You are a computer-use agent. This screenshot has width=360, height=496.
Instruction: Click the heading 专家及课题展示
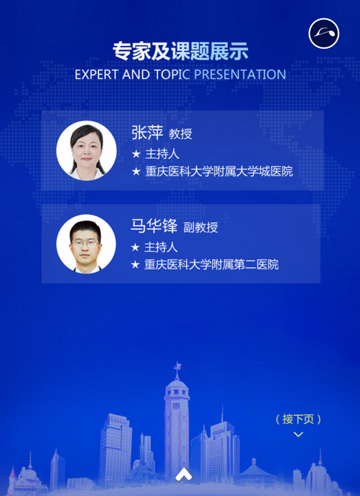click(x=181, y=51)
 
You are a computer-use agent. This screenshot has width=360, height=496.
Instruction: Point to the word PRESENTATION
click(x=240, y=75)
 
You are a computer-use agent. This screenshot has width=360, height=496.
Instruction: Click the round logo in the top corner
click(x=323, y=34)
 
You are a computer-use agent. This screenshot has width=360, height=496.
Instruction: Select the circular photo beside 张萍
click(x=86, y=150)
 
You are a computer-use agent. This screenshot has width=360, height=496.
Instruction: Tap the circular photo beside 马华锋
click(x=86, y=244)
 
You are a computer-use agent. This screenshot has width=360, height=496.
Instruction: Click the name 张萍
click(x=147, y=133)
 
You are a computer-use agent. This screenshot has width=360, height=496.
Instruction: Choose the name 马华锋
click(x=154, y=226)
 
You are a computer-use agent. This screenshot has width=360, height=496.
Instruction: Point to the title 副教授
click(x=201, y=227)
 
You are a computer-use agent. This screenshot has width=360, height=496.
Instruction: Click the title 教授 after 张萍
click(x=181, y=134)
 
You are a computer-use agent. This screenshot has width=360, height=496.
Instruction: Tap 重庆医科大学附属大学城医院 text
click(x=219, y=172)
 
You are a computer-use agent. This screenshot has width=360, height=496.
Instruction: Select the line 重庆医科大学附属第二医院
click(x=211, y=265)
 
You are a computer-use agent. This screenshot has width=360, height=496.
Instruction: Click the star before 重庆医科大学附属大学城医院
click(x=137, y=172)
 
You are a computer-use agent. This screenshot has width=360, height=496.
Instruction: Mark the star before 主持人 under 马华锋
click(x=135, y=247)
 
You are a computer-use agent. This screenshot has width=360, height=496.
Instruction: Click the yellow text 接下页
click(x=298, y=420)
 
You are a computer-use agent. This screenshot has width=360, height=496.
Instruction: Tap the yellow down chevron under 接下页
click(x=298, y=434)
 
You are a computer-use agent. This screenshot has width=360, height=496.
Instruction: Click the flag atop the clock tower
click(x=178, y=366)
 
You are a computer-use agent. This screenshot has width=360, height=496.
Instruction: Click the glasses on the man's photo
click(x=85, y=243)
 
